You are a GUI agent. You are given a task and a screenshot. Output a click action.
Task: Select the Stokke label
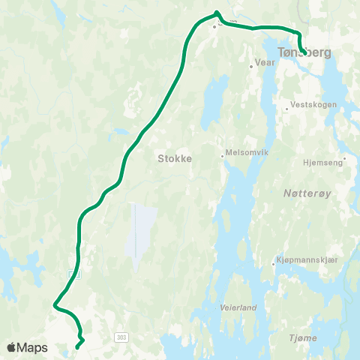[x=175, y=159]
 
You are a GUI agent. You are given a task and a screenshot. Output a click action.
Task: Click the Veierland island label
[x=238, y=307]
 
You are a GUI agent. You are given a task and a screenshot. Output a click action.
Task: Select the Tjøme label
[x=302, y=339]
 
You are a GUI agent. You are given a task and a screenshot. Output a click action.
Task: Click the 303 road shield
[x=121, y=338]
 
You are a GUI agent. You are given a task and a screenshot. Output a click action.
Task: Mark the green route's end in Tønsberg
[x=302, y=52]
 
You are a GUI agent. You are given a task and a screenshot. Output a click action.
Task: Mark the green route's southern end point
[x=77, y=346]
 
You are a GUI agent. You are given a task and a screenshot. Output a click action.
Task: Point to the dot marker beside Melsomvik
[x=223, y=156]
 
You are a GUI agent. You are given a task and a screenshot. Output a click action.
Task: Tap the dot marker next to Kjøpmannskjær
[x=273, y=263]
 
